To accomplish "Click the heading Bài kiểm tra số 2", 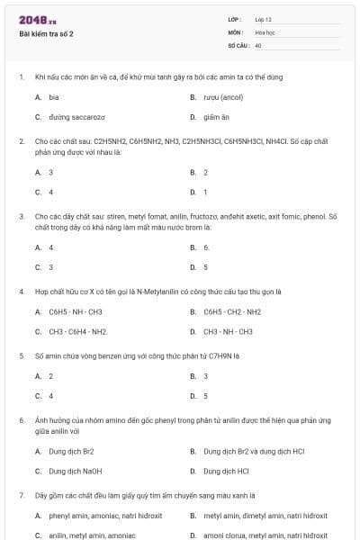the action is click(x=46, y=34).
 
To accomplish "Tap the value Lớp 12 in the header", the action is click(x=264, y=19).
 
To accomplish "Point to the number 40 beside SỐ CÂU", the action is click(x=258, y=44).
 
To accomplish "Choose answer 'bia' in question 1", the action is click(x=54, y=96).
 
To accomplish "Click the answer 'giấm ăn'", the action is click(x=217, y=116).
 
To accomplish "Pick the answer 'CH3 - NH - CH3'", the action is click(x=228, y=331).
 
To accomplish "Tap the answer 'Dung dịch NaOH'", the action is click(x=75, y=471).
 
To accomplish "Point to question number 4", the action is click(x=21, y=292).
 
